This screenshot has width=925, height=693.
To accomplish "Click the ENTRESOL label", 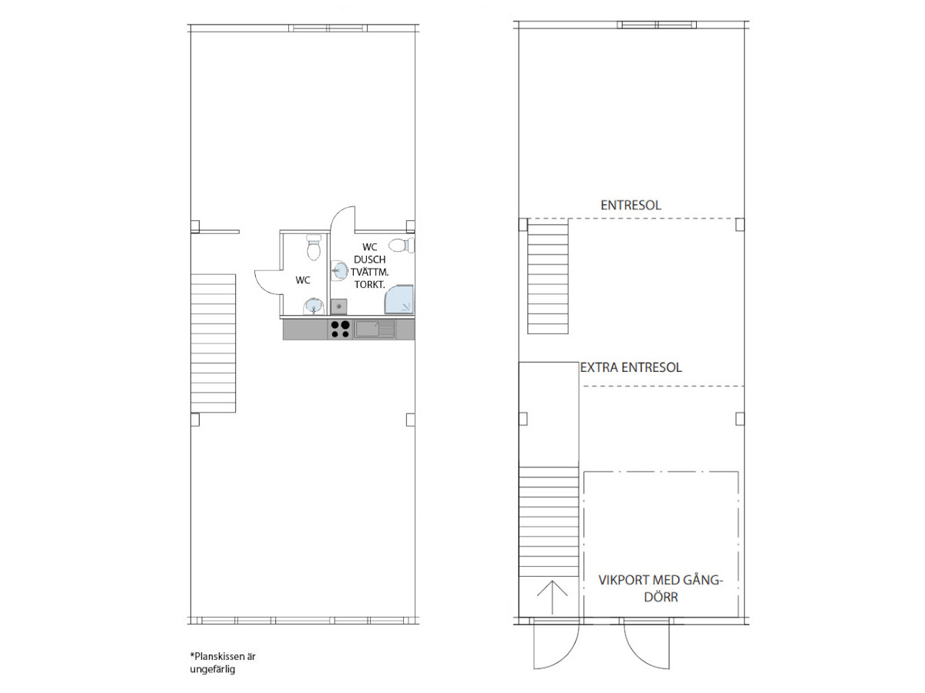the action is pos(631,206).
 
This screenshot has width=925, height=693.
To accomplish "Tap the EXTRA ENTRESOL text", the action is pos(631,368).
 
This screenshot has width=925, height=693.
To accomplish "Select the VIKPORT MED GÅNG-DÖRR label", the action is pos(661,588).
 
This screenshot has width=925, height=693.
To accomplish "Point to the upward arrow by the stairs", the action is pos(552,598).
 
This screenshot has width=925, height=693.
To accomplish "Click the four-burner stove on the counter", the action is pos(341,330).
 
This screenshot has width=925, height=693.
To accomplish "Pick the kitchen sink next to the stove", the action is pos(374,329).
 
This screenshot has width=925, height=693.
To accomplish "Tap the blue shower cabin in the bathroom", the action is pos(399,300).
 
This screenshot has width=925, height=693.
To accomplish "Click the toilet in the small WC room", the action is pos(314,247).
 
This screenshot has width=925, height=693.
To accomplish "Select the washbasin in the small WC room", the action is pos(314,306).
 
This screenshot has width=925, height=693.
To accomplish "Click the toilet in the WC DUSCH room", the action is pos(401,245).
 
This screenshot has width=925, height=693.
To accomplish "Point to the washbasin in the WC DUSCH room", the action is pos(338,270).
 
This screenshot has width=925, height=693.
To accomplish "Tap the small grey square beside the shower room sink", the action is pos(339,306).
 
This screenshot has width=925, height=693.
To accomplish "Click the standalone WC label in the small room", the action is pos(303,280).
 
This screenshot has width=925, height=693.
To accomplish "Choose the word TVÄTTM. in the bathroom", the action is pos(369,273).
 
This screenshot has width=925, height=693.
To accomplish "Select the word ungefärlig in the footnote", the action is pos(213,669).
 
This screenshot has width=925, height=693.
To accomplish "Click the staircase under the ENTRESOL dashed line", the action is pos(547,279).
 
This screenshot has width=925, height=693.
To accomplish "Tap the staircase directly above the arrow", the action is pos(549,522).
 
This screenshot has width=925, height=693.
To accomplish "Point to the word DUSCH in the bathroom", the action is pos(369,259).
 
